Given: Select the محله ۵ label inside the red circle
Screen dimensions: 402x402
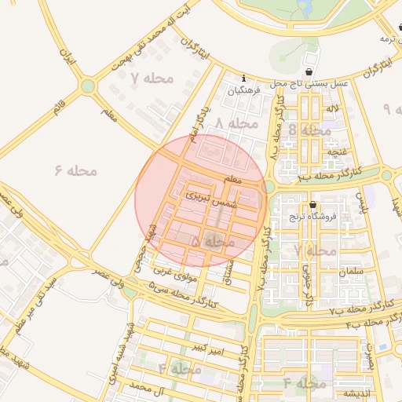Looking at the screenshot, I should coord(213,243).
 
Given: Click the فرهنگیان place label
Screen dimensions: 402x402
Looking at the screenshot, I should coord(243,91).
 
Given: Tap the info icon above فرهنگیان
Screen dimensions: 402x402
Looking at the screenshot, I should coord(244,79).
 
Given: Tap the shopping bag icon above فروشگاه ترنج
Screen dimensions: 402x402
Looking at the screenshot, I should coord(313,204).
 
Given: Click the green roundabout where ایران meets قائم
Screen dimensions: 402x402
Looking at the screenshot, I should coord(88,85).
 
